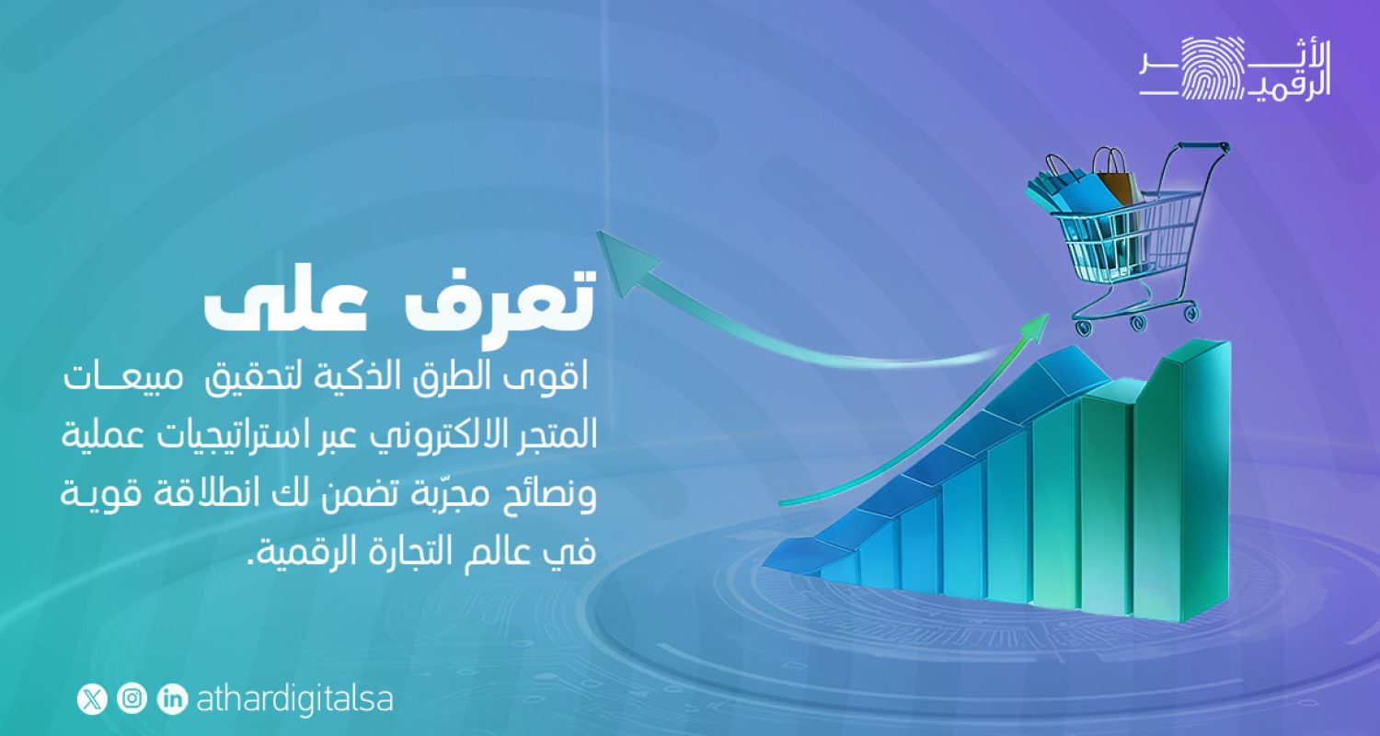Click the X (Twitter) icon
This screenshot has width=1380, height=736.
(x=91, y=699)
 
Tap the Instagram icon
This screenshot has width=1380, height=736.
(x=132, y=699)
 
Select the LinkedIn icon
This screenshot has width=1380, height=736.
(x=173, y=699)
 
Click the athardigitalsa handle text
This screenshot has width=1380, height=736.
(x=294, y=699)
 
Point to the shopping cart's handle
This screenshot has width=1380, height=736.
(x=1205, y=147)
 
